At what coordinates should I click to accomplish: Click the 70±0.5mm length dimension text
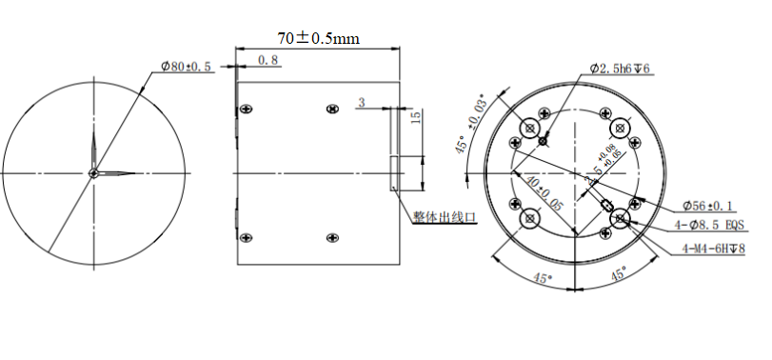tap(318, 38)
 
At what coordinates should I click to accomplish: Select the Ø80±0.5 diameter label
tap(187, 67)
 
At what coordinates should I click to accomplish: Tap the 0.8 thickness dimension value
tap(268, 60)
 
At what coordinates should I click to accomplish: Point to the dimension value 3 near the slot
tap(362, 101)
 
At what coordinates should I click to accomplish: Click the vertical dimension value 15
tap(415, 117)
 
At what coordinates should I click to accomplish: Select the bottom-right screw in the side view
tap(331, 237)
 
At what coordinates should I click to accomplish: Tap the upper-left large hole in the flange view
tap(529, 128)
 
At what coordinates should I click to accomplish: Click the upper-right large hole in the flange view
tap(620, 127)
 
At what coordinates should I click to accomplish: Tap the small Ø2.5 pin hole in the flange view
tap(543, 141)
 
